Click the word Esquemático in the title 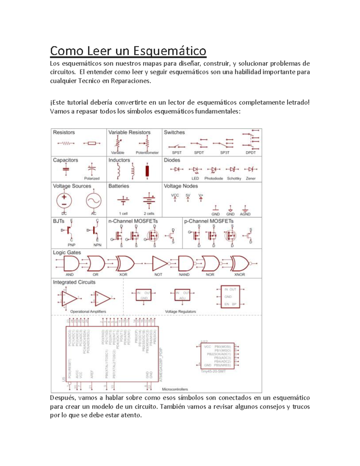pos(169,51)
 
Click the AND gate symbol pos(71,264)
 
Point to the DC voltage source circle pos(64,200)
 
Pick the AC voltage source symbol pos(94,201)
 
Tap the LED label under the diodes pos(195,178)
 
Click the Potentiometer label pos(147,152)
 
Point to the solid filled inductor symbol pos(147,171)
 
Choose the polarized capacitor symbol pos(92,169)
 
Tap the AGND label pos(245,214)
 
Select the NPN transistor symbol pos(95,230)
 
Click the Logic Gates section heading pos(67,252)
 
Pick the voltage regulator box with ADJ pos(182,295)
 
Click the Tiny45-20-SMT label pos(213,371)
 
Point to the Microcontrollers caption pos(175,389)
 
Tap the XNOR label pos(239,274)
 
